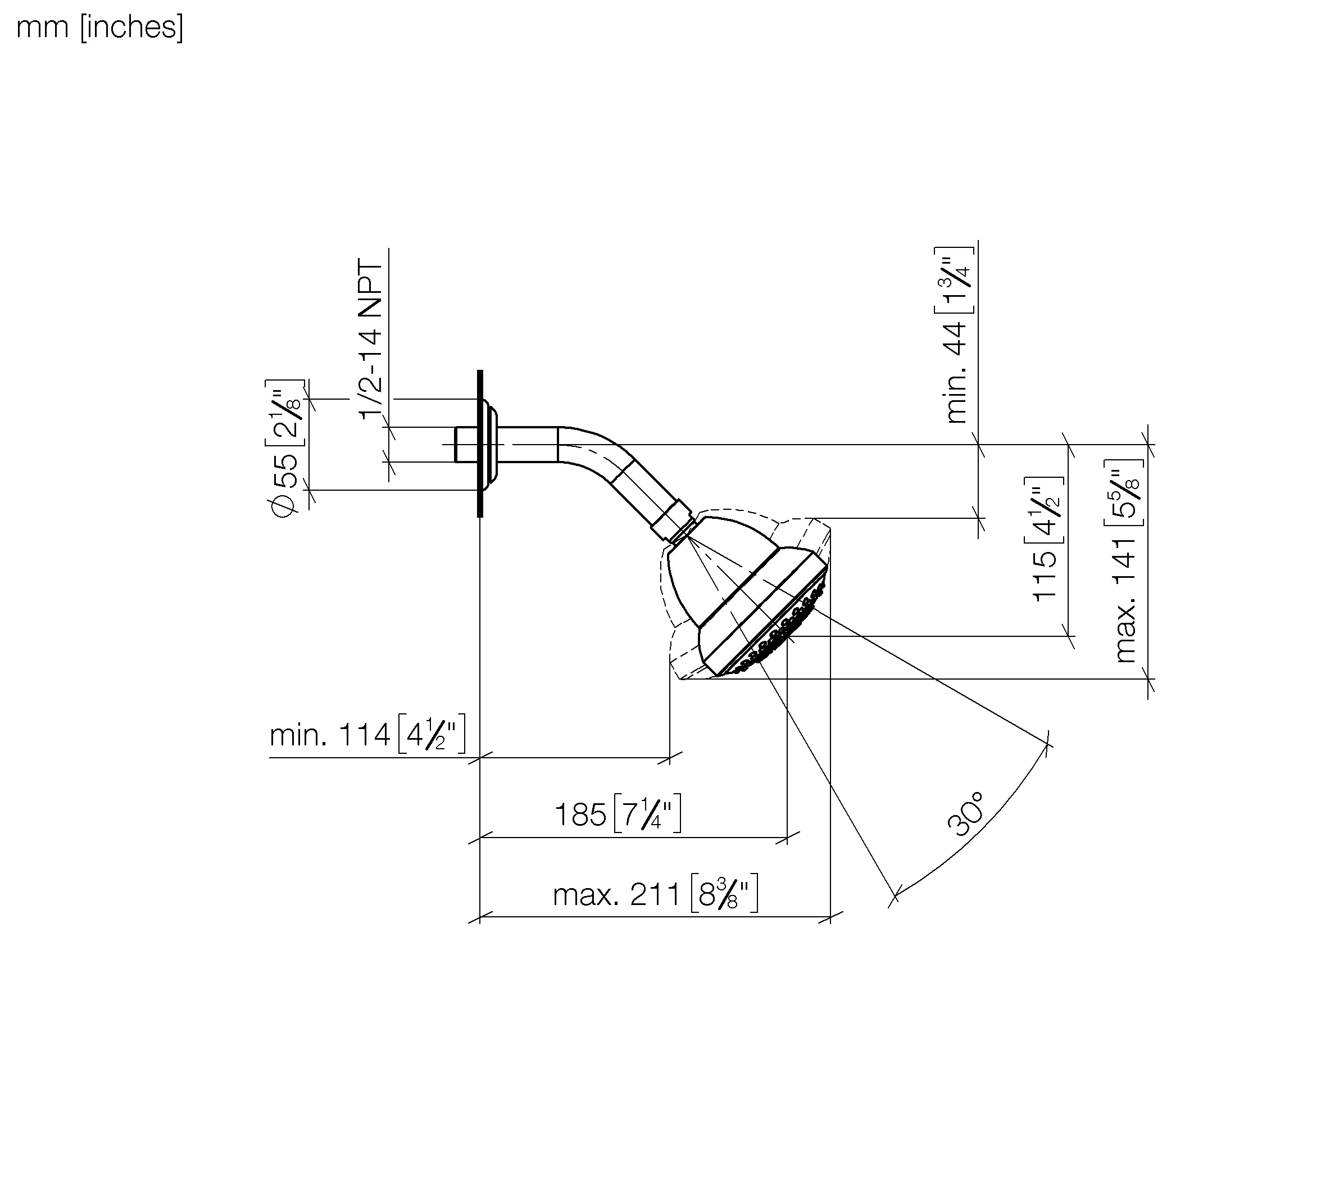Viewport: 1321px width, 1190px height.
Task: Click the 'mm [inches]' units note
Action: [99, 28]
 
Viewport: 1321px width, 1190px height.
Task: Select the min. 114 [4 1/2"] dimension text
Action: [367, 734]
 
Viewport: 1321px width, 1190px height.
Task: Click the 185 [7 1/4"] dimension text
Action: [618, 814]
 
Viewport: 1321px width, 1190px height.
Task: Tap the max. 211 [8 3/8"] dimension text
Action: [656, 894]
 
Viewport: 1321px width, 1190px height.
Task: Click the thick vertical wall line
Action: [480, 444]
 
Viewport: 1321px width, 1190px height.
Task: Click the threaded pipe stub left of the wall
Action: [466, 444]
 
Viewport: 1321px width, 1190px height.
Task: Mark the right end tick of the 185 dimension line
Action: [787, 837]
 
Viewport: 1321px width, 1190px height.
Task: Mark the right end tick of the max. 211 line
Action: [830, 917]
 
